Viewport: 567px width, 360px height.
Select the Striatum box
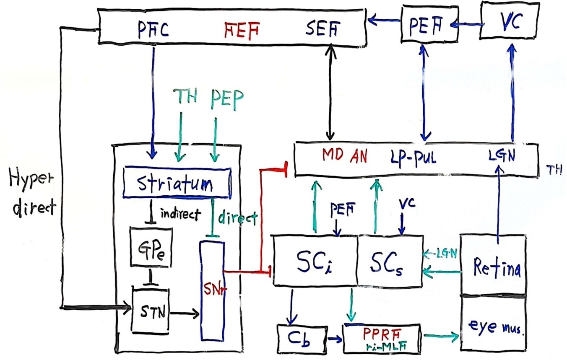177,183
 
